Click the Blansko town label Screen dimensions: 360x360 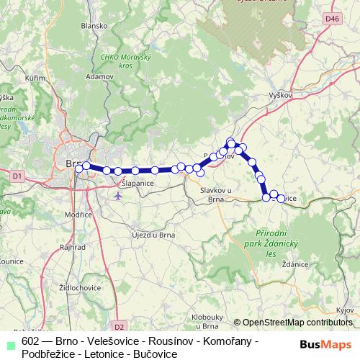[94, 24]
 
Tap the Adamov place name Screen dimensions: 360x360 [99, 75]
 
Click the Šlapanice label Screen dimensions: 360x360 [137, 184]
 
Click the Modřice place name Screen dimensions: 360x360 [78, 215]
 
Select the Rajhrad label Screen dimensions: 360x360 [73, 246]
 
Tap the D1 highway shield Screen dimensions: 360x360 [17, 174]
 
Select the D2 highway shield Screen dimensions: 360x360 [120, 326]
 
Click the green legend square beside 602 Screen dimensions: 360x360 [9, 342]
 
